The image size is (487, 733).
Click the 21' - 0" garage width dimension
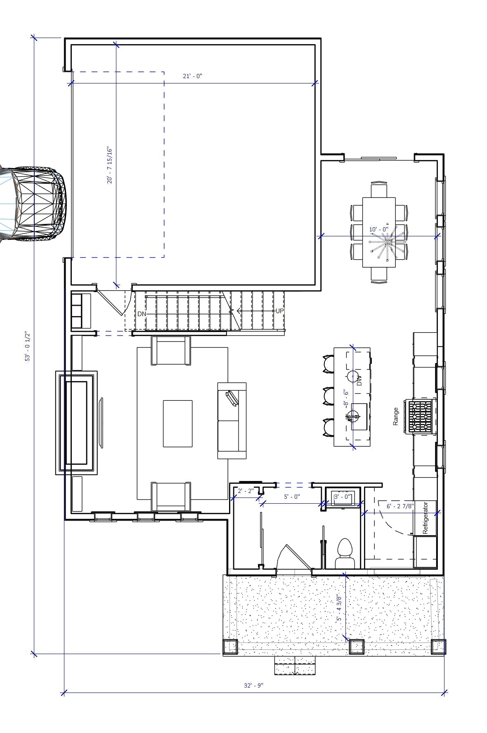(x=192, y=76)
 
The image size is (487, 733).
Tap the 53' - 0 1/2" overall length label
(x=28, y=346)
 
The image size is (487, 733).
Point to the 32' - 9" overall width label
(x=253, y=685)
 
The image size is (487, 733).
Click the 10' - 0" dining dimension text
(x=378, y=229)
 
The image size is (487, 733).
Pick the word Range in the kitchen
(x=396, y=416)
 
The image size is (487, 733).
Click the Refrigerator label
(x=426, y=518)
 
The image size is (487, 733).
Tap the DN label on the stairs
(x=142, y=314)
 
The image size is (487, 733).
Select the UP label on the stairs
(x=279, y=311)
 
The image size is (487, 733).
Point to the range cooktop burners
(x=420, y=416)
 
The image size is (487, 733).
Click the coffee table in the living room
(x=177, y=424)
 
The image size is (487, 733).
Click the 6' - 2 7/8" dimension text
(x=400, y=506)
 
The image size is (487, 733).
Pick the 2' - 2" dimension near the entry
(x=245, y=491)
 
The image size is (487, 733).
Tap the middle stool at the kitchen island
(x=329, y=396)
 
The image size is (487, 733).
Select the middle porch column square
(x=357, y=647)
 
